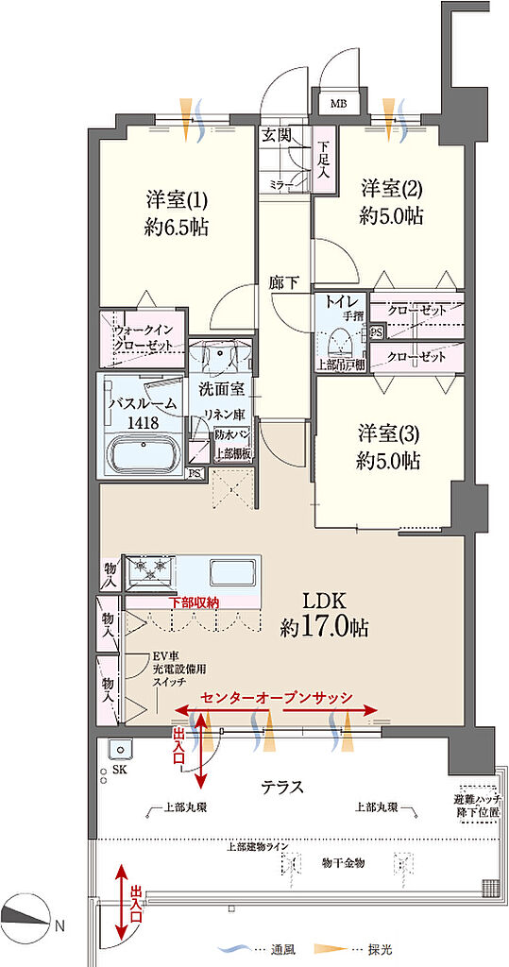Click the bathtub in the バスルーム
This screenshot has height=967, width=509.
(144, 453)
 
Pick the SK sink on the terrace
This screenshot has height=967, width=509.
(120, 750)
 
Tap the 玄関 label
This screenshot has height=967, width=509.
(276, 135)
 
